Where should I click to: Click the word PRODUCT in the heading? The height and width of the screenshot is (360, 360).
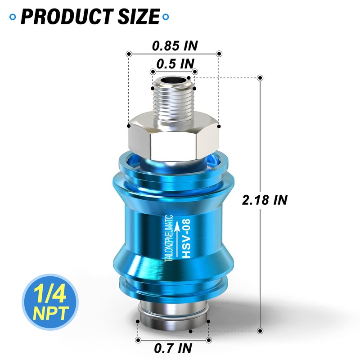click(x=67, y=17)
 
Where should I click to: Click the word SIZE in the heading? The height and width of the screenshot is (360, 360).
click(x=138, y=17)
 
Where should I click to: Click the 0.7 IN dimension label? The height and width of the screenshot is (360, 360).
click(x=173, y=348)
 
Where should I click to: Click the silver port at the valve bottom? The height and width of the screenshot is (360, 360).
click(x=174, y=317)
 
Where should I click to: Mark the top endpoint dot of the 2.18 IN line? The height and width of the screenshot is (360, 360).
click(x=260, y=78)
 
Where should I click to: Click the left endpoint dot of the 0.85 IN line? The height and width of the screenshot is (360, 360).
click(x=129, y=54)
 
